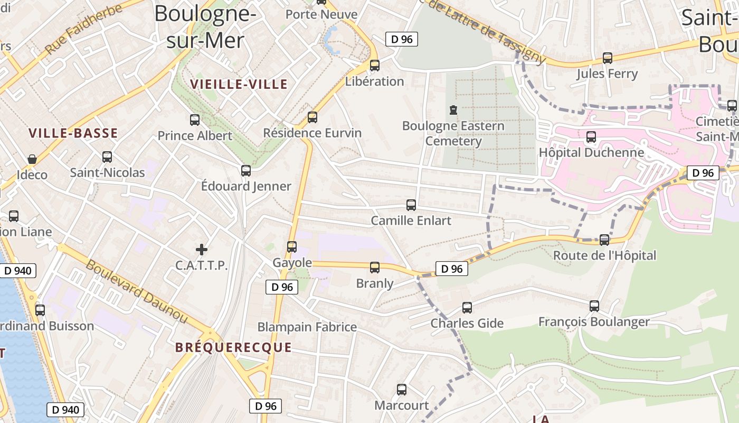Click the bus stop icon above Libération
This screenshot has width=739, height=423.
(375, 66)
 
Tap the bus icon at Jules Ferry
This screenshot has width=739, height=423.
(608, 58)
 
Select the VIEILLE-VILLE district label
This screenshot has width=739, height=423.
(239, 84)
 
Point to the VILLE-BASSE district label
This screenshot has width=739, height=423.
(73, 133)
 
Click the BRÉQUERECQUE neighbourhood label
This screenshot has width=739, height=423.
(233, 347)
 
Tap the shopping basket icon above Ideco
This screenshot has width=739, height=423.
(32, 159)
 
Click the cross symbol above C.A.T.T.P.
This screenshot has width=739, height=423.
(201, 249)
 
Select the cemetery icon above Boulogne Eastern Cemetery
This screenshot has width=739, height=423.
(453, 111)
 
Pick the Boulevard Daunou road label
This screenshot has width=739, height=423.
(137, 291)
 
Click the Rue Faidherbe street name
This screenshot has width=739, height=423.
(84, 30)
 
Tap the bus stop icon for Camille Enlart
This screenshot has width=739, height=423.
(411, 205)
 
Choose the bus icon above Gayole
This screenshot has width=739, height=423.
(292, 246)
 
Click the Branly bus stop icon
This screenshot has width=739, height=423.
(375, 268)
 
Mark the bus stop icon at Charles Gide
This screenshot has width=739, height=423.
(467, 307)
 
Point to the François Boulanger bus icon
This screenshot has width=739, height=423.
(594, 306)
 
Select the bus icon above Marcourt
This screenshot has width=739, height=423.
(402, 390)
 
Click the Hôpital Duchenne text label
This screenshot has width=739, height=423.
(591, 153)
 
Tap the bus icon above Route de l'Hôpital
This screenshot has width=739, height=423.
(604, 240)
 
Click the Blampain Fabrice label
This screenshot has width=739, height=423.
(307, 327)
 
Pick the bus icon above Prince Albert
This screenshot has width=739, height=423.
(195, 120)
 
